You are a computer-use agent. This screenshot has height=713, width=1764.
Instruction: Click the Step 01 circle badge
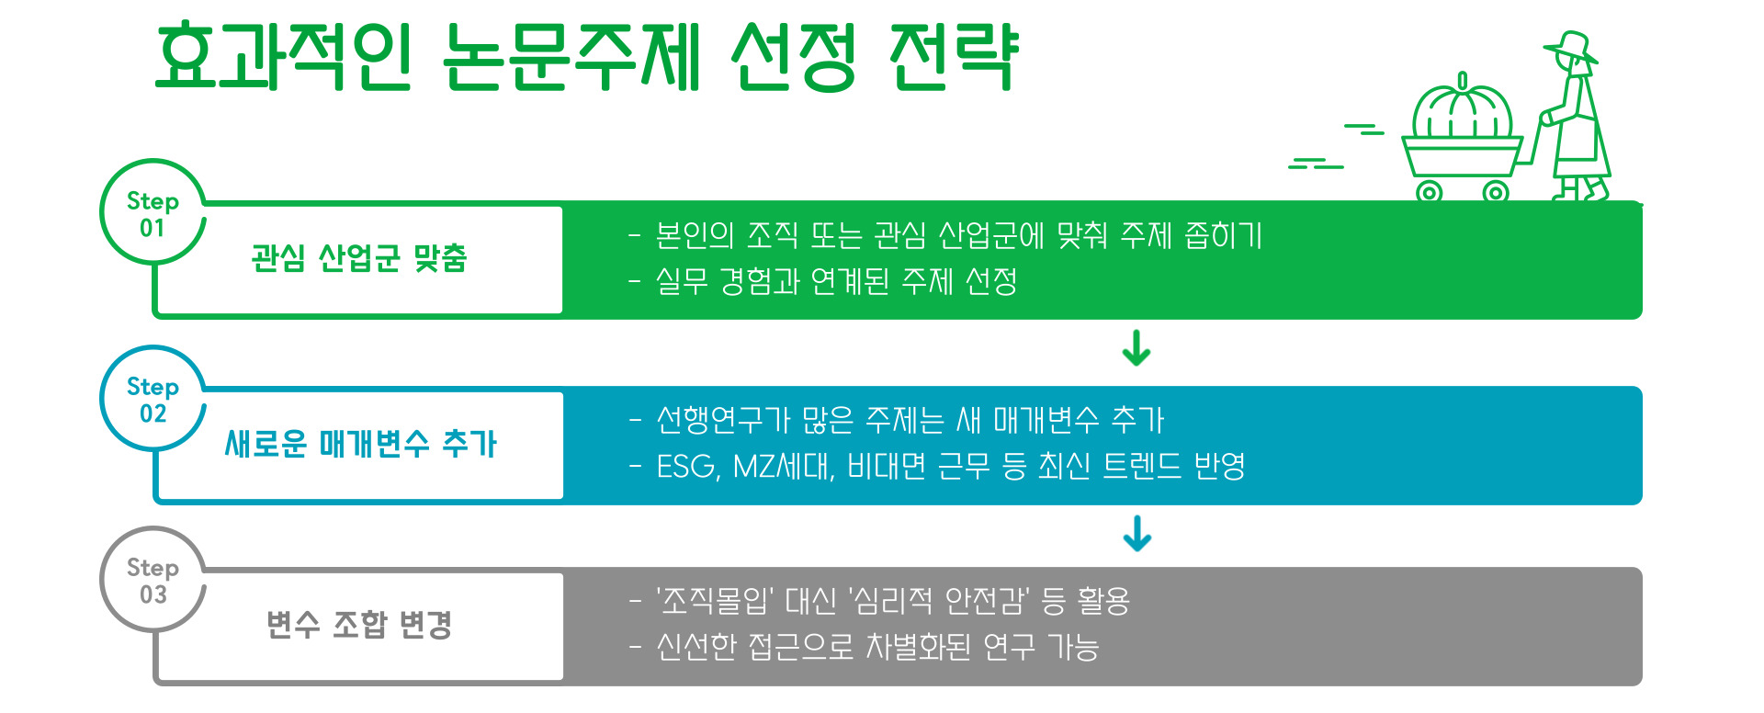pyautogui.click(x=153, y=213)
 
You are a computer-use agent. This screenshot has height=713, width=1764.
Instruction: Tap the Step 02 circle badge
pyautogui.click(x=153, y=399)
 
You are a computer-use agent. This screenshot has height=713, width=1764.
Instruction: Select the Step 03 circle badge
pyautogui.click(x=153, y=581)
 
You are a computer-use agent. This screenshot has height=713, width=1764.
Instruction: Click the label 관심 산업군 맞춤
pyautogui.click(x=359, y=258)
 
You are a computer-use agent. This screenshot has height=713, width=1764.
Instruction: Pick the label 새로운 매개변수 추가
pyautogui.click(x=360, y=444)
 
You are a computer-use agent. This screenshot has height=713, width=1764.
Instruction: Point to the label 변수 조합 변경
pyautogui.click(x=359, y=625)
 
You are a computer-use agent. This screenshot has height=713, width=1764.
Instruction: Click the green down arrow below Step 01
pyautogui.click(x=1136, y=348)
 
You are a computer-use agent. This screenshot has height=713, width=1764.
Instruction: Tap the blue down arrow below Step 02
pyautogui.click(x=1136, y=533)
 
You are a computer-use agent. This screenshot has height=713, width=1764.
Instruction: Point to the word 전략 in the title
pyautogui.click(x=954, y=57)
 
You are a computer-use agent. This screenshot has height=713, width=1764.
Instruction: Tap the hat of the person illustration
pyautogui.click(x=1571, y=46)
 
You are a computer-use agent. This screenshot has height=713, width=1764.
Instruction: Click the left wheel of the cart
pyautogui.click(x=1429, y=192)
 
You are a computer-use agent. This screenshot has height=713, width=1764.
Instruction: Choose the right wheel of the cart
pyautogui.click(x=1496, y=192)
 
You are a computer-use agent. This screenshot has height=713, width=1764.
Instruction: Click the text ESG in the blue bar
pyautogui.click(x=687, y=467)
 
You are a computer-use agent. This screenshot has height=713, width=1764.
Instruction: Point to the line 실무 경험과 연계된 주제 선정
pyautogui.click(x=835, y=281)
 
